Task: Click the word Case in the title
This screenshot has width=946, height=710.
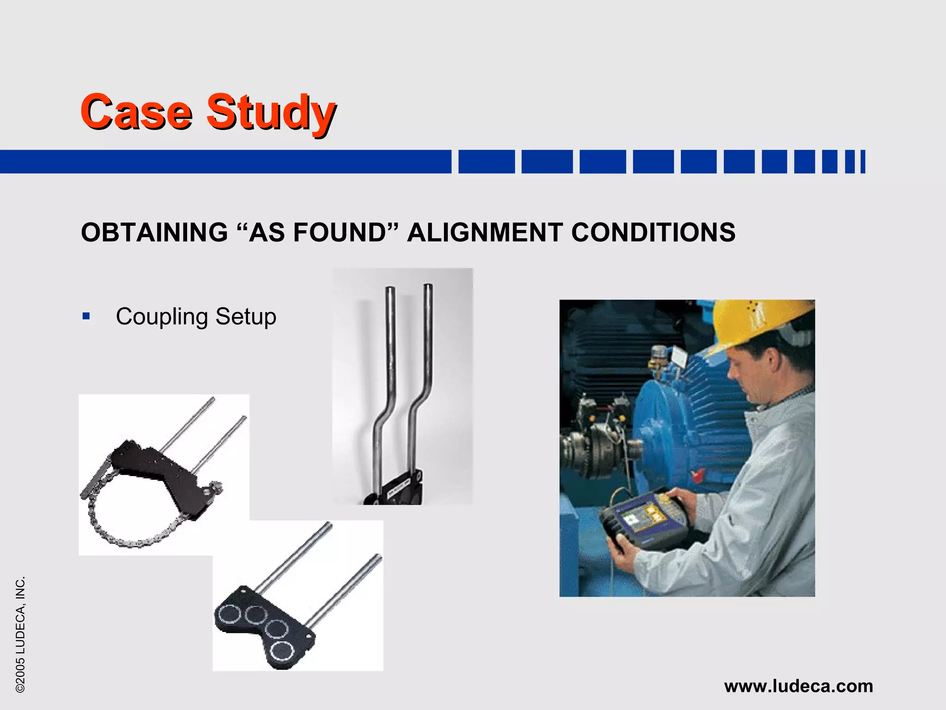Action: tap(136, 112)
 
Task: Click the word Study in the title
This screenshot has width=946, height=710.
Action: tap(271, 113)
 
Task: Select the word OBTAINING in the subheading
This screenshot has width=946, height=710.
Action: tap(154, 232)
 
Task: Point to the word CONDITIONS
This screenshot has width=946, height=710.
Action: tap(653, 232)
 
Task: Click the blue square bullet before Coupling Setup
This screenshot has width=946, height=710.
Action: tap(86, 317)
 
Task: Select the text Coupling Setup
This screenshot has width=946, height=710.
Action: tap(196, 317)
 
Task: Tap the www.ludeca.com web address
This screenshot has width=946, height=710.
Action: tap(798, 686)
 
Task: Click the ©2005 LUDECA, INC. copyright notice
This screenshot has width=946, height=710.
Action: tap(20, 634)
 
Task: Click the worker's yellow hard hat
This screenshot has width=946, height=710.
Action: tap(758, 324)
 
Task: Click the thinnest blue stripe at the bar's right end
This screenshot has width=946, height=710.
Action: tap(863, 162)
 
